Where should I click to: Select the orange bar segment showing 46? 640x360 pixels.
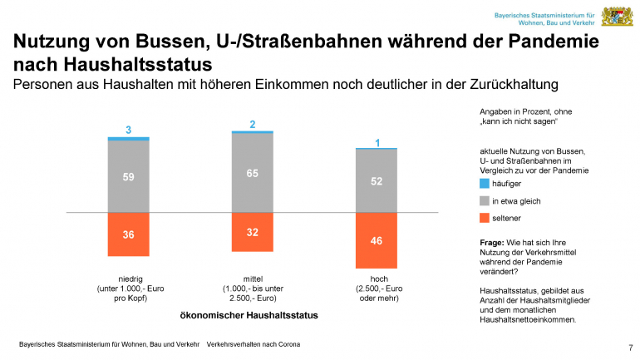pyautogui.click(x=377, y=239)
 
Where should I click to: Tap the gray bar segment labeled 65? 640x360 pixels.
pyautogui.click(x=253, y=173)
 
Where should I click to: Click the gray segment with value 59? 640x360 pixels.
pyautogui.click(x=129, y=176)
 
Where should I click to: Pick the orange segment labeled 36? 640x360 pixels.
pyautogui.click(x=129, y=234)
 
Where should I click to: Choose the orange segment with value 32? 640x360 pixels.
pyautogui.click(x=253, y=232)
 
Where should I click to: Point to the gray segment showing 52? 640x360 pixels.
pyautogui.click(x=377, y=180)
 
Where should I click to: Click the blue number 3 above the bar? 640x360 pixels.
pyautogui.click(x=129, y=130)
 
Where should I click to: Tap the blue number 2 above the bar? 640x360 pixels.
pyautogui.click(x=253, y=125)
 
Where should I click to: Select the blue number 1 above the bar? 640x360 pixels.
pyautogui.click(x=377, y=143)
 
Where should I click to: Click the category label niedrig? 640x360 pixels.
pyautogui.click(x=129, y=279)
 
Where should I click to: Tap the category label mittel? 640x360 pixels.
pyautogui.click(x=253, y=279)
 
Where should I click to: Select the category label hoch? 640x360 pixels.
pyautogui.click(x=377, y=279)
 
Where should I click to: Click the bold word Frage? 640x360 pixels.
pyautogui.click(x=495, y=241)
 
